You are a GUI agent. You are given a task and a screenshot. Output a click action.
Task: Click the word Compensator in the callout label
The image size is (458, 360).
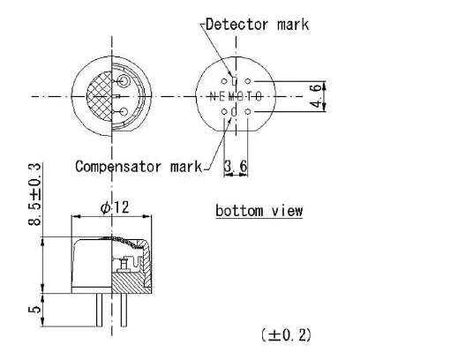(118, 166)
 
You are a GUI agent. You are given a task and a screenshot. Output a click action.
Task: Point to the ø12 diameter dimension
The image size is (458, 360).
(115, 207)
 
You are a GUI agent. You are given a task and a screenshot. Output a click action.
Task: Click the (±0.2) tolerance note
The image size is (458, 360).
(285, 334)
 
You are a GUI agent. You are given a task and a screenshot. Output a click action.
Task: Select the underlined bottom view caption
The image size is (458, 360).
(259, 211)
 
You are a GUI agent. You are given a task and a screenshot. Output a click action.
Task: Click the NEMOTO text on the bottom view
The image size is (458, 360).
(236, 95)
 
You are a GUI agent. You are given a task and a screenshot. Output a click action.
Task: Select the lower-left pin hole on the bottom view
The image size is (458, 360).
(223, 111)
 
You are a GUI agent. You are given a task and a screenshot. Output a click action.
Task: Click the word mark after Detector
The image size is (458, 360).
(290, 24)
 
